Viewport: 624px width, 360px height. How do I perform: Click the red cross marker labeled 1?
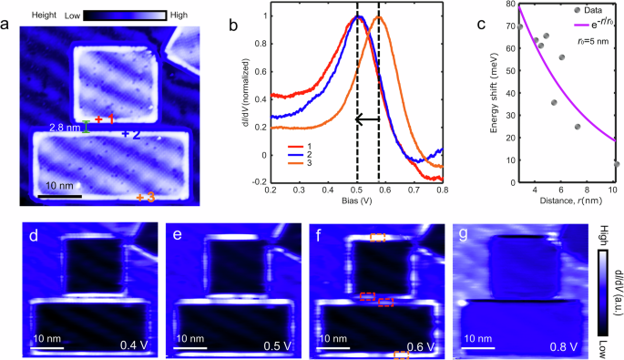coord(99,119)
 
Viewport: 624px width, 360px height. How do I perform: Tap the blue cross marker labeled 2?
coord(125,134)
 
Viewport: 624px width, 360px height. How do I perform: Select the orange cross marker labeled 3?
coord(140,197)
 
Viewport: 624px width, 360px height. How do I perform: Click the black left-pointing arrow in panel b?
coord(368,118)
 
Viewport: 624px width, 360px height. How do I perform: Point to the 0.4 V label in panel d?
coord(133,345)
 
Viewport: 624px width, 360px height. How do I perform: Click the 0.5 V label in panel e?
coord(271,345)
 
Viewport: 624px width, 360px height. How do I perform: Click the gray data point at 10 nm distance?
coord(617,164)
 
